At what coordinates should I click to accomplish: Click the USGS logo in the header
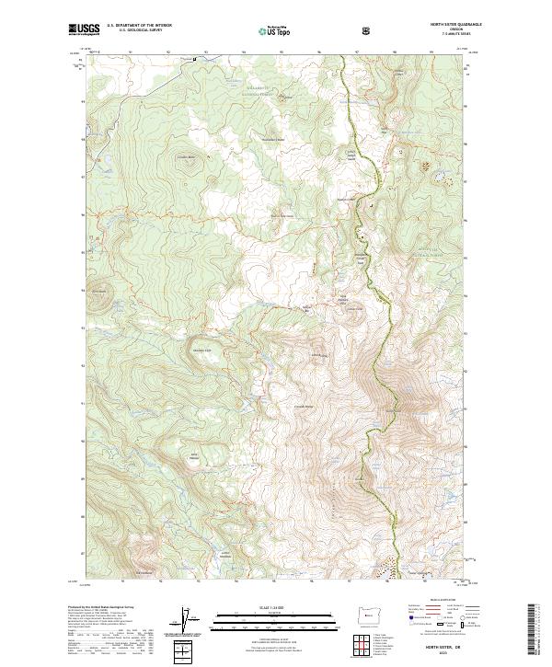(84, 30)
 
